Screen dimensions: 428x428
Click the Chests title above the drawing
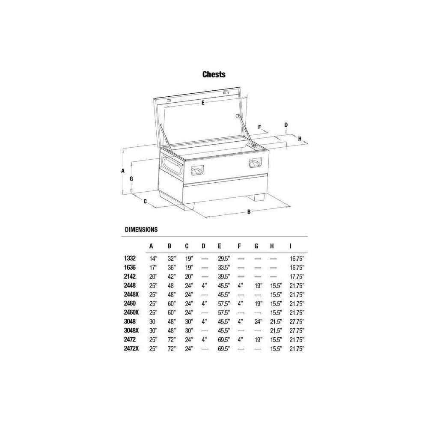tap(214, 74)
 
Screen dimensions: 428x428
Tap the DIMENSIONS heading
tap(141, 229)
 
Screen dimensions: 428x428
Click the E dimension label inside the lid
tap(203, 103)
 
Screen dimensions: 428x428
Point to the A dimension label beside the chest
tap(123, 171)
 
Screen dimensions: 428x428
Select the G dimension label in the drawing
tap(131, 179)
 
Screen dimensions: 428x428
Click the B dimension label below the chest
tap(249, 211)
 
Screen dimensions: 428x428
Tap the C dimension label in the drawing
tap(145, 202)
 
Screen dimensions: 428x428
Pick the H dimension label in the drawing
tap(300, 139)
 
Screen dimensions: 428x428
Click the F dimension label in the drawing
tap(260, 127)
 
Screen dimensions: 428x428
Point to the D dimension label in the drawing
tap(286, 125)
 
